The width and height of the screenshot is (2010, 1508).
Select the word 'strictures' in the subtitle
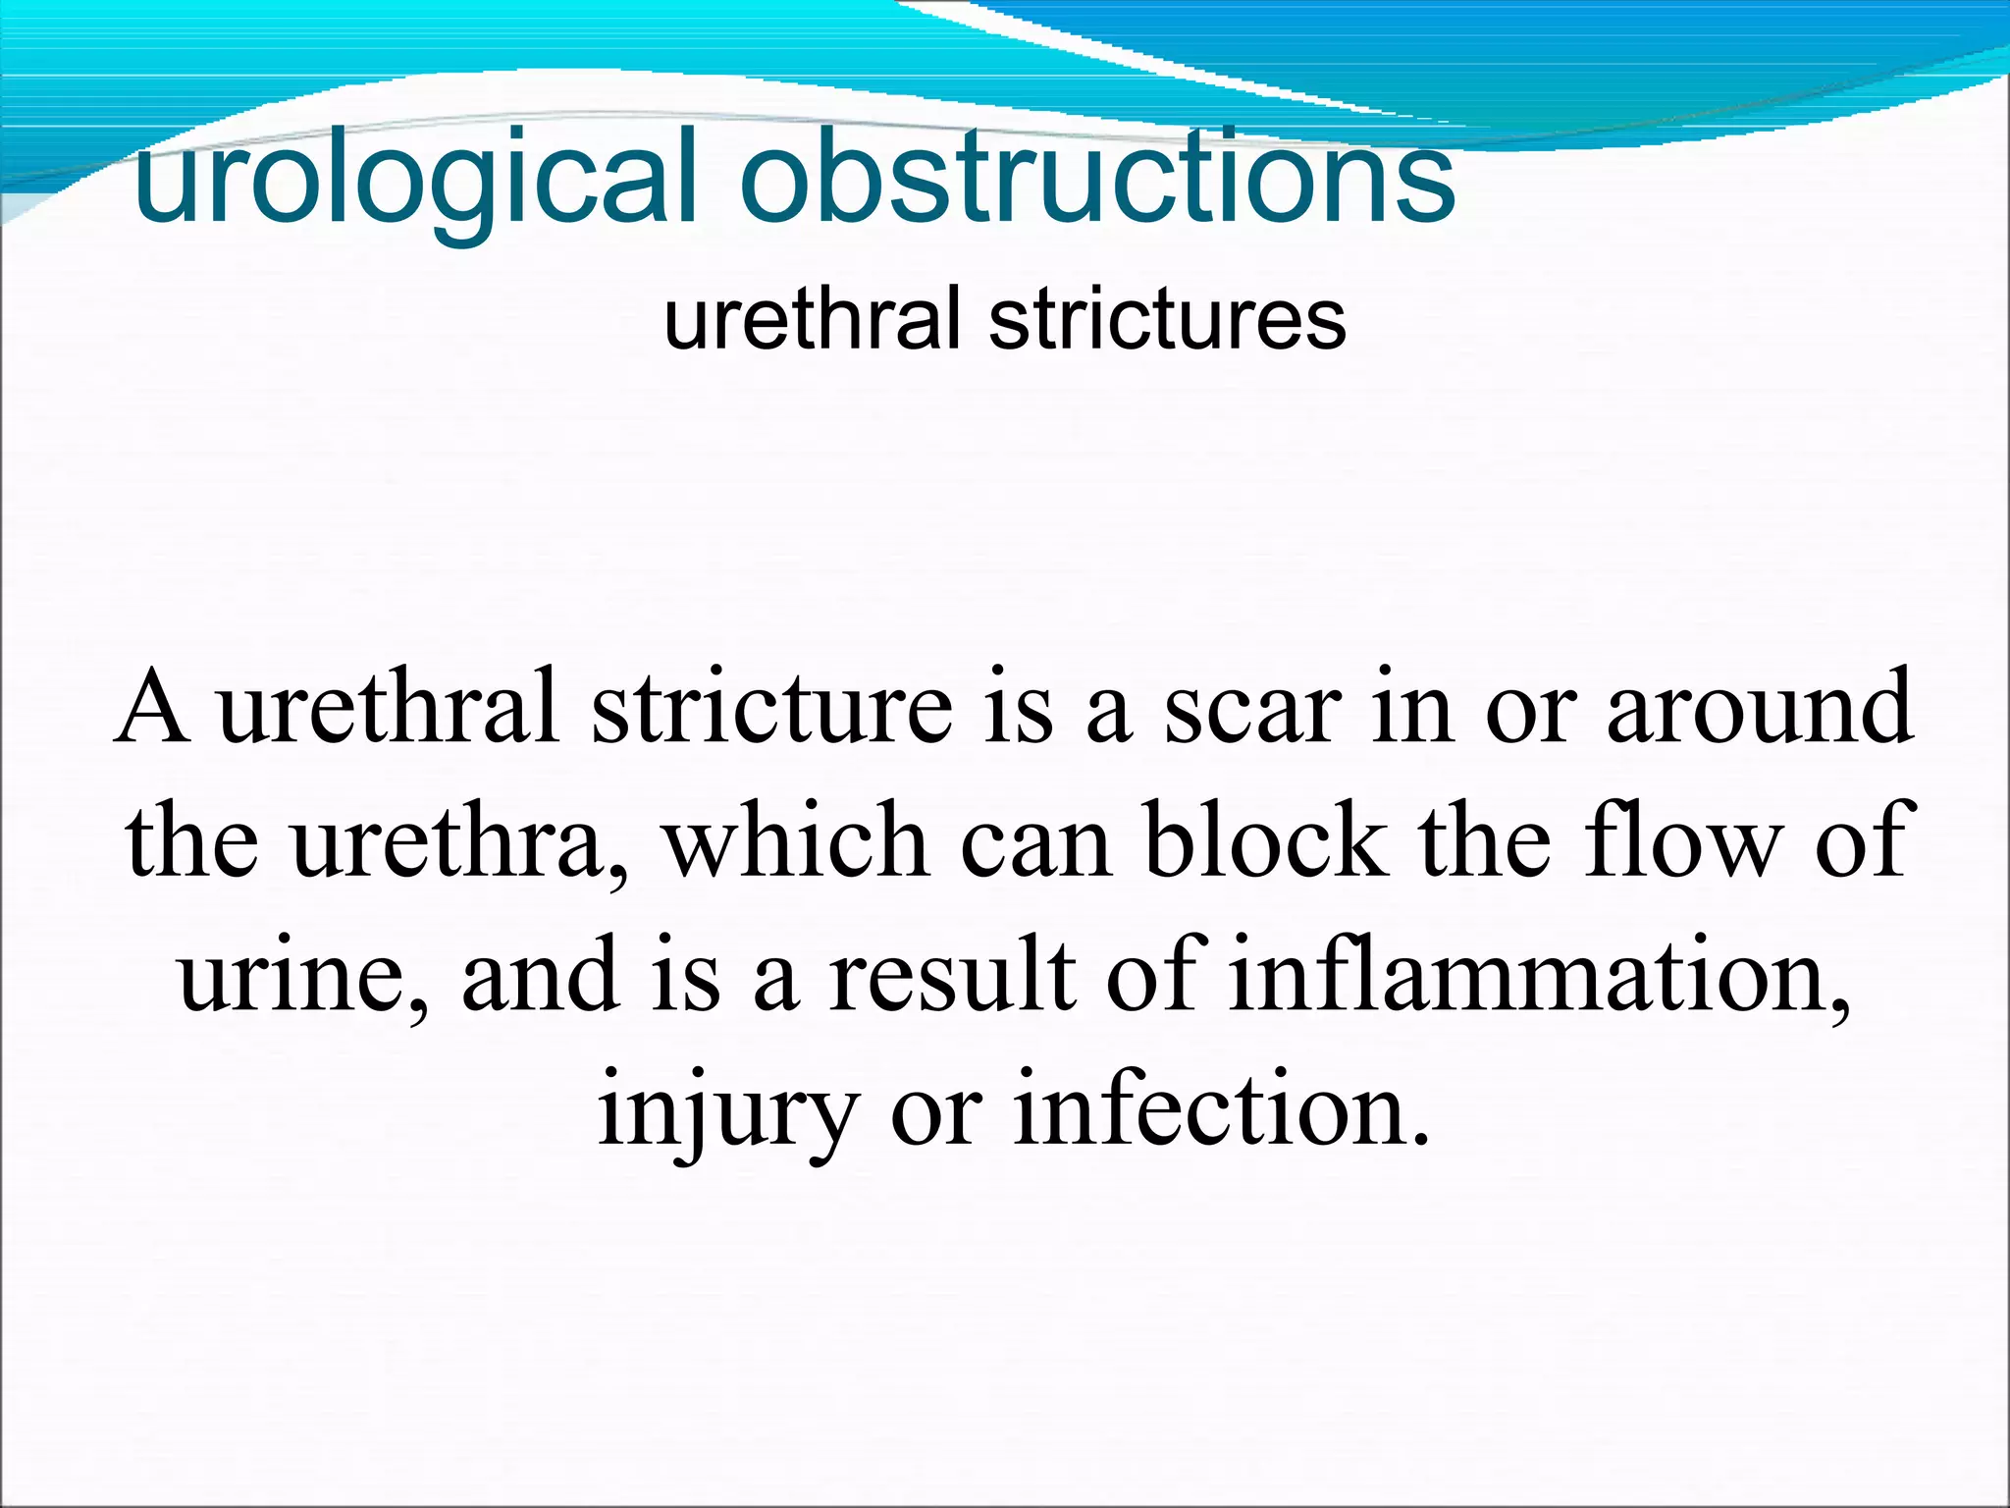(1167, 319)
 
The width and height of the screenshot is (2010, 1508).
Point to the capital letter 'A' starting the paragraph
(152, 707)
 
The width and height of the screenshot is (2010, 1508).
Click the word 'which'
(795, 841)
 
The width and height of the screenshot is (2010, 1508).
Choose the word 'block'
(1265, 841)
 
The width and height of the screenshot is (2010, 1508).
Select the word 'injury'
(726, 1109)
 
